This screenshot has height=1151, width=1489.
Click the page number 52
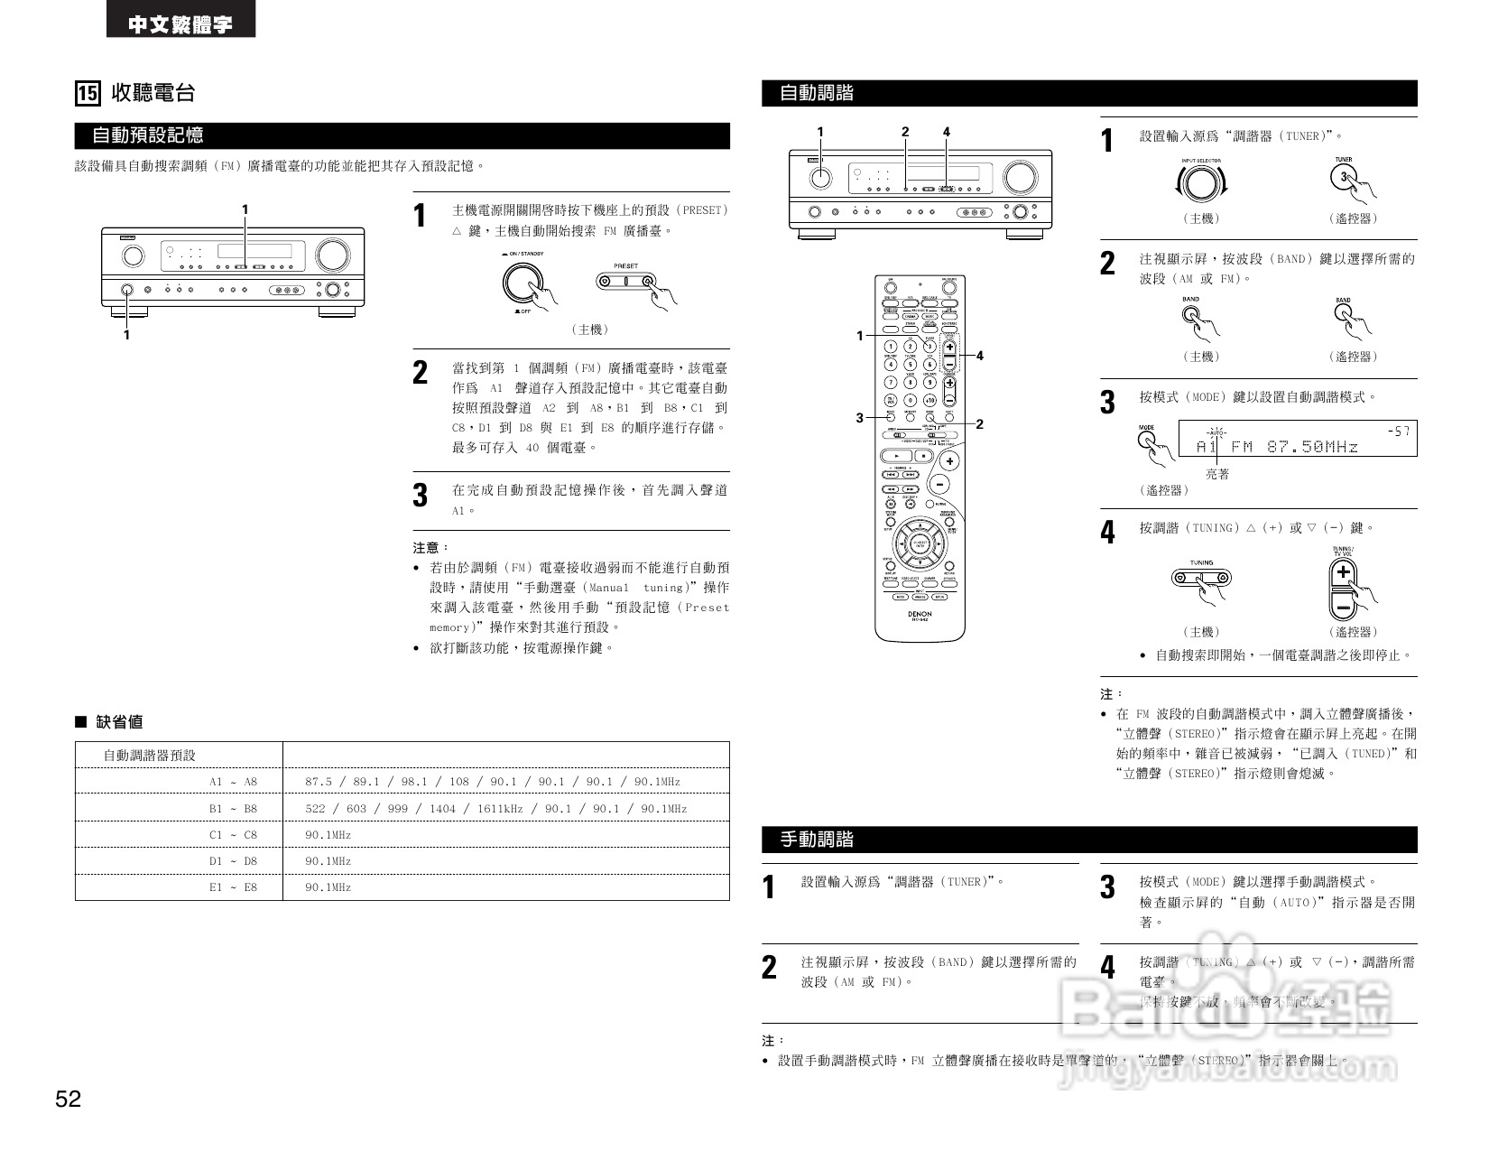click(x=69, y=1099)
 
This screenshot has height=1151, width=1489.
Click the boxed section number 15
click(x=87, y=93)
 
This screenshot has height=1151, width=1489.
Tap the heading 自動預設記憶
click(x=148, y=135)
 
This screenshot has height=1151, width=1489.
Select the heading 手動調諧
click(x=817, y=840)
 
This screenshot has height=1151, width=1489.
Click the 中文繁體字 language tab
click(x=180, y=24)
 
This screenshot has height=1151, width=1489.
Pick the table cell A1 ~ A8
click(x=233, y=782)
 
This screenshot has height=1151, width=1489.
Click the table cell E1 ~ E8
click(x=233, y=887)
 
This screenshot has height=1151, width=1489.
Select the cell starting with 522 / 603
click(x=495, y=809)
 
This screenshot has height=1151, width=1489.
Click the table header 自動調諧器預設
click(x=149, y=756)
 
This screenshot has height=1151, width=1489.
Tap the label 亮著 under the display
click(x=1217, y=474)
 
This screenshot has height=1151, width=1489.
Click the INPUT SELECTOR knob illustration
click(x=1200, y=183)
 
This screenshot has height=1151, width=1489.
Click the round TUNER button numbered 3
click(x=1343, y=177)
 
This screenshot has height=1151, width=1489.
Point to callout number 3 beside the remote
click(x=860, y=417)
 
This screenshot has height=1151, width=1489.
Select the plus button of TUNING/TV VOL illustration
click(x=1344, y=572)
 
